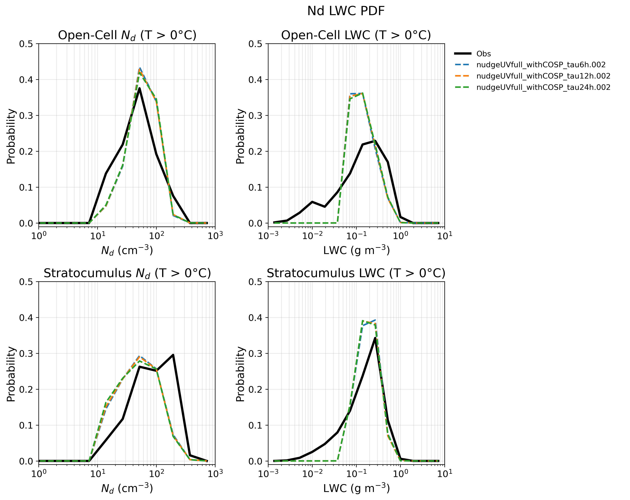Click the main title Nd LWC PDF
pos(346,11)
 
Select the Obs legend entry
pos(472,54)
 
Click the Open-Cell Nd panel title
pos(127,35)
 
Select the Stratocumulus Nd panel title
pos(127,273)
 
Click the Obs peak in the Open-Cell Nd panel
pos(140,88)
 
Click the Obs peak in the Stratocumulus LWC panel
pos(375,338)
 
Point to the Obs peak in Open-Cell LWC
pos(375,141)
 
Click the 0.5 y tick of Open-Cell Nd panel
pos(27,44)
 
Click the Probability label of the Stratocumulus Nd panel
pos(11,374)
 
